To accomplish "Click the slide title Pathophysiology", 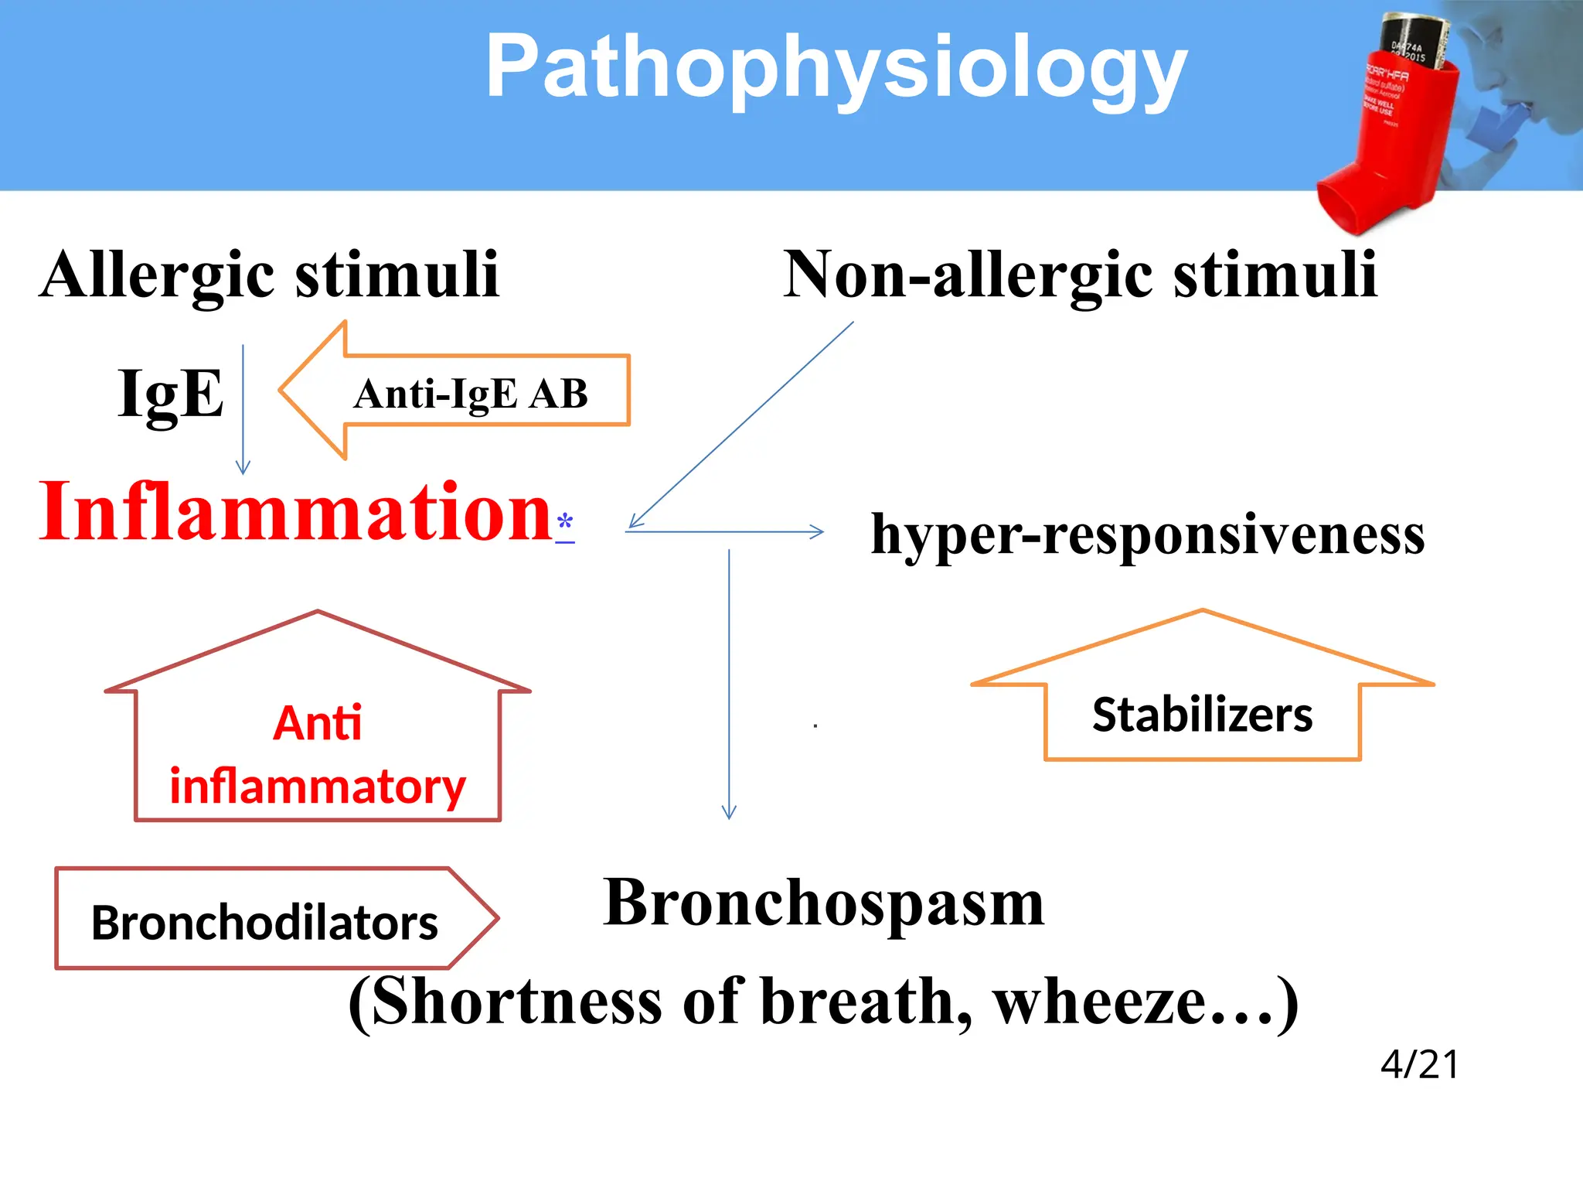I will (836, 70).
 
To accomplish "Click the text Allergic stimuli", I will (270, 275).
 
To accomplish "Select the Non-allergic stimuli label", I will (1080, 275).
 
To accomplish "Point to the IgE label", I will (171, 393).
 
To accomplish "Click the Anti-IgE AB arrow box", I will (470, 393).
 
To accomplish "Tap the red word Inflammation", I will (295, 512).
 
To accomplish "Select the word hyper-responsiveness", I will (1148, 534).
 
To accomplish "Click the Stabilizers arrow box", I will (1202, 715).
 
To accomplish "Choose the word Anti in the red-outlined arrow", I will (317, 724).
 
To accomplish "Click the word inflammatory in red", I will (317, 787).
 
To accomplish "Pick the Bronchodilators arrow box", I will (265, 922).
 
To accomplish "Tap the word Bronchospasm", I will (824, 903).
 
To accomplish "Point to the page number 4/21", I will (1419, 1064).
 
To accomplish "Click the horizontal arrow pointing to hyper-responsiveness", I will (725, 532).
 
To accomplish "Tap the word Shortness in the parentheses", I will (516, 1002).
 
